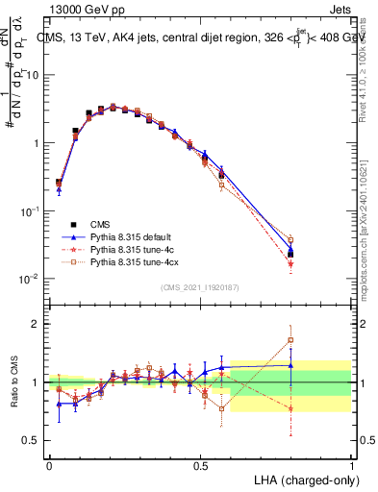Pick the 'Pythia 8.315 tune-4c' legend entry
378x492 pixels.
[x=133, y=248]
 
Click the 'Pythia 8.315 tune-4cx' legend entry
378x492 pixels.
[x=135, y=261]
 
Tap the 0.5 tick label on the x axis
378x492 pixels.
[x=200, y=465]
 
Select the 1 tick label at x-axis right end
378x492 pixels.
[x=351, y=465]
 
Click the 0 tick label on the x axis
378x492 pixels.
[x=49, y=465]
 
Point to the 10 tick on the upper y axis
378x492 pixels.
[x=36, y=75]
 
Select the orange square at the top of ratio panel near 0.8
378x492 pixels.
[x=290, y=340]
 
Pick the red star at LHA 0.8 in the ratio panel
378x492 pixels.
[x=290, y=408]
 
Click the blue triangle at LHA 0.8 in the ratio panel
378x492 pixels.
[x=290, y=364]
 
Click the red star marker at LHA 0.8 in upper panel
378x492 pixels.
[x=290, y=263]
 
